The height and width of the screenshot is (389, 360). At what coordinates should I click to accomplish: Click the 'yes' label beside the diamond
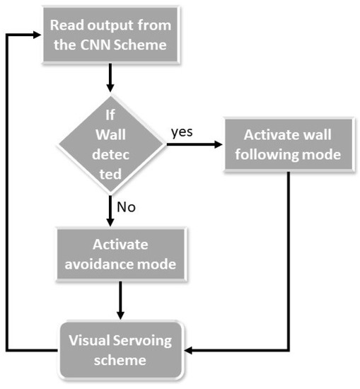182,132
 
